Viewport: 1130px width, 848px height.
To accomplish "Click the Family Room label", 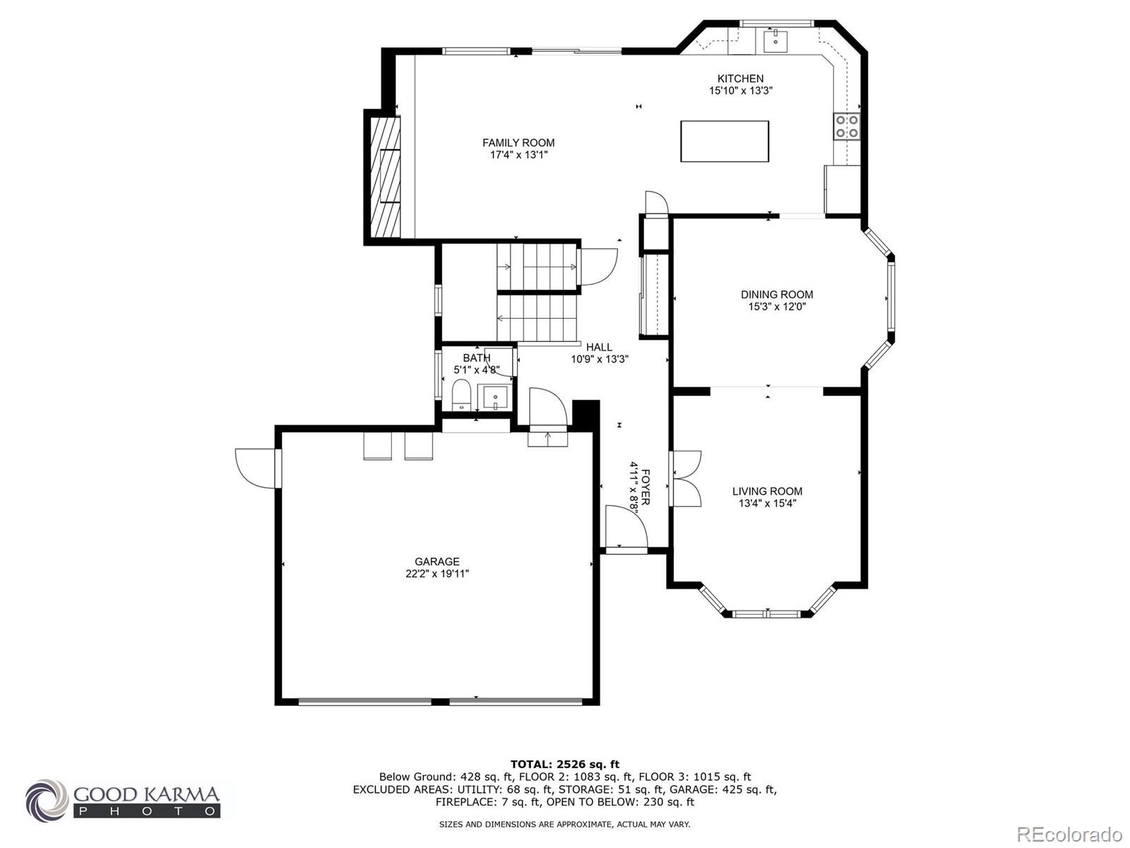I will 518,143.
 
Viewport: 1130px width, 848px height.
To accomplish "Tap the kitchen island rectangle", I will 725,141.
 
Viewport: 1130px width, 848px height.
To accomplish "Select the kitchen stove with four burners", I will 847,126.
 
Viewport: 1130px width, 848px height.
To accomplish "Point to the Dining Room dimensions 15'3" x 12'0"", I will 777,307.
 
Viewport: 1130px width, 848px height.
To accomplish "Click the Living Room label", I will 767,491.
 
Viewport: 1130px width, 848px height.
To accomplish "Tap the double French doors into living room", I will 685,478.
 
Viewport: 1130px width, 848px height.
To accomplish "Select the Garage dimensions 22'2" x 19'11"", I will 437,574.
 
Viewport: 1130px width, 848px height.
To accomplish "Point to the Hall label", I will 599,347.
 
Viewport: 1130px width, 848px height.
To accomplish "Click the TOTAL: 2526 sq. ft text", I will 564,764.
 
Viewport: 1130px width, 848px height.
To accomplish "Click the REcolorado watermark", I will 1069,834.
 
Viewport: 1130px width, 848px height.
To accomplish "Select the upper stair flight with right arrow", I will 537,266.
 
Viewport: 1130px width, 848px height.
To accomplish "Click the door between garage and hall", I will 547,410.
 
